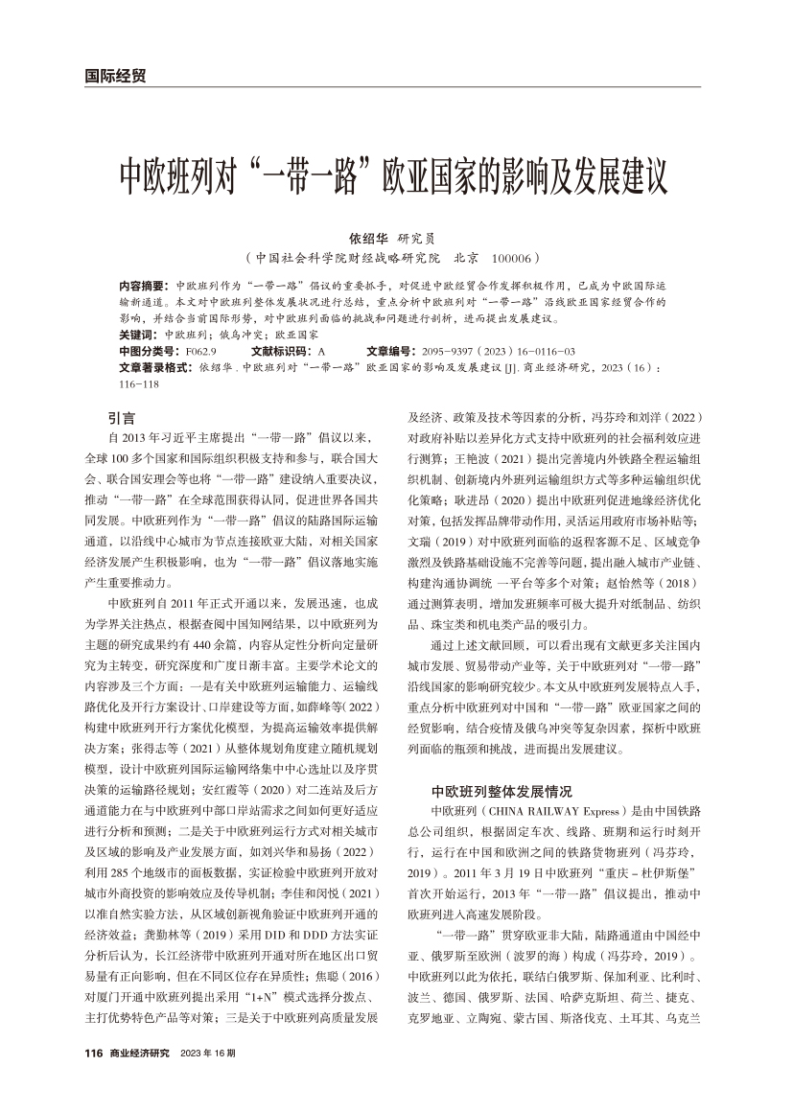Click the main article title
tap(392, 177)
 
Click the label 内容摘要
tap(142, 287)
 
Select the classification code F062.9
tap(199, 352)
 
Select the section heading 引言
tap(122, 418)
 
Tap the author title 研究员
tap(417, 241)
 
